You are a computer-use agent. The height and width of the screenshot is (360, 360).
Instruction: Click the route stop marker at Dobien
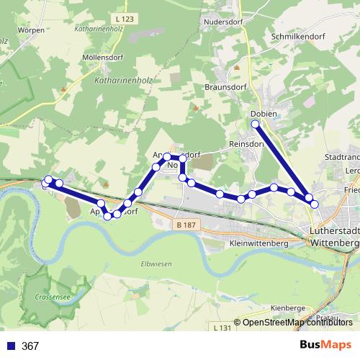tap(256, 125)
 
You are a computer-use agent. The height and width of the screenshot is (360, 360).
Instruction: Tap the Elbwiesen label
tap(156, 264)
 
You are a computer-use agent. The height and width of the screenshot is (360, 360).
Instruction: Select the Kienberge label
tap(291, 307)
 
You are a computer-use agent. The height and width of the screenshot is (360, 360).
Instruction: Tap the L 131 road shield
tap(224, 328)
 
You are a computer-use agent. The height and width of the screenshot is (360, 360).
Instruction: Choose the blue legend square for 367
tap(10, 346)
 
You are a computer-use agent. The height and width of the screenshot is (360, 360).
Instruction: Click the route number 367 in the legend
tap(30, 346)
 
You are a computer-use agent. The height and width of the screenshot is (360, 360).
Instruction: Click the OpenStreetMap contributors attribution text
tap(297, 322)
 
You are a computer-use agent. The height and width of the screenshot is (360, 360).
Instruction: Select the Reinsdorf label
tap(246, 143)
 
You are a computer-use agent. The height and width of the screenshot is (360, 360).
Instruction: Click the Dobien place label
tap(264, 114)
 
